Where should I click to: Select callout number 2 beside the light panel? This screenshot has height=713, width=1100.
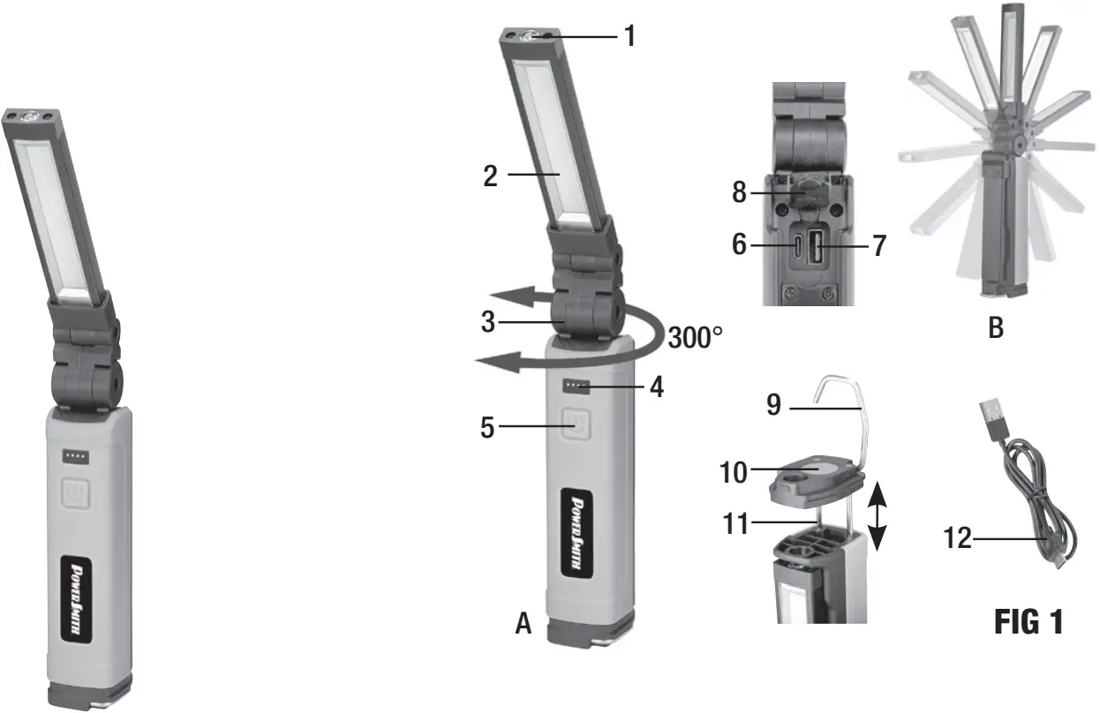click(x=492, y=176)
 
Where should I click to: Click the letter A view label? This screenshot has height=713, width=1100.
click(x=524, y=625)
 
